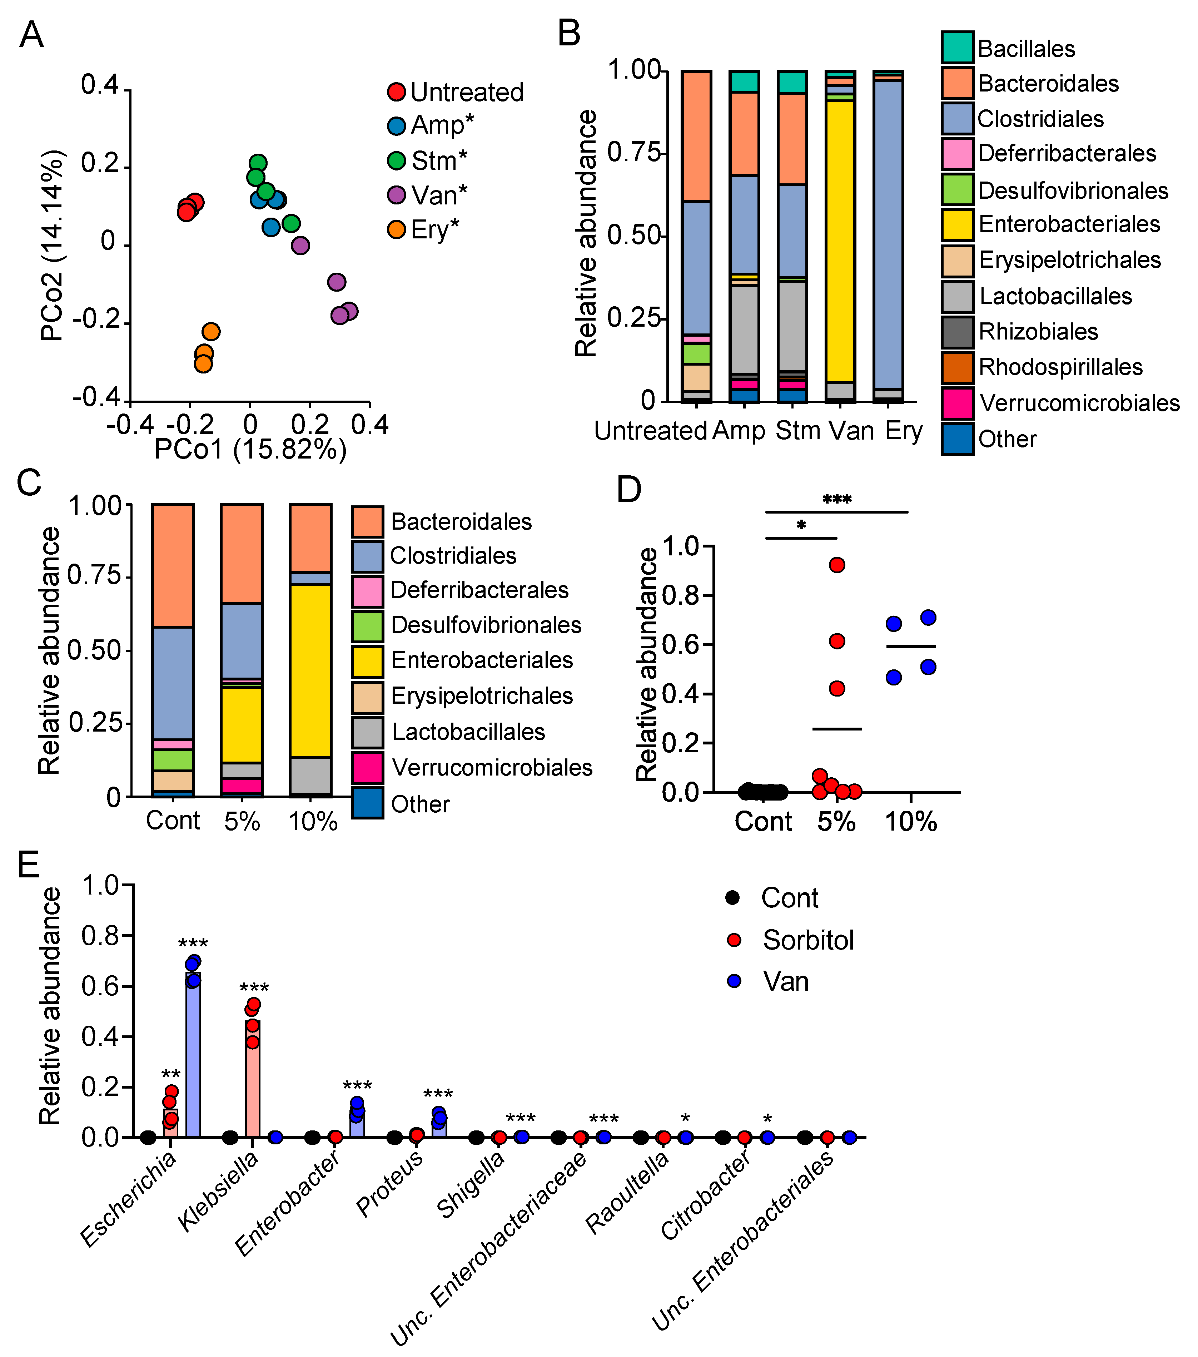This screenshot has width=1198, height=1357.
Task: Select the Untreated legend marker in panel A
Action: pyautogui.click(x=396, y=91)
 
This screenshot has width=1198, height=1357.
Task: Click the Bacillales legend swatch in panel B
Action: pyautogui.click(x=957, y=48)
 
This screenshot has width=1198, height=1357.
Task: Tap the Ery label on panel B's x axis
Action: pyautogui.click(x=903, y=431)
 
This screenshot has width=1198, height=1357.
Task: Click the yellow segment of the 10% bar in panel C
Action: pyautogui.click(x=310, y=670)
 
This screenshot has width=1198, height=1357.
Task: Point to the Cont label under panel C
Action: pyautogui.click(x=173, y=821)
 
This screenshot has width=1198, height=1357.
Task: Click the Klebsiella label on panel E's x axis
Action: pyautogui.click(x=219, y=1192)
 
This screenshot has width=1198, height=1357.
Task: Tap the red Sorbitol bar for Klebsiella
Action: pyautogui.click(x=252, y=1082)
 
